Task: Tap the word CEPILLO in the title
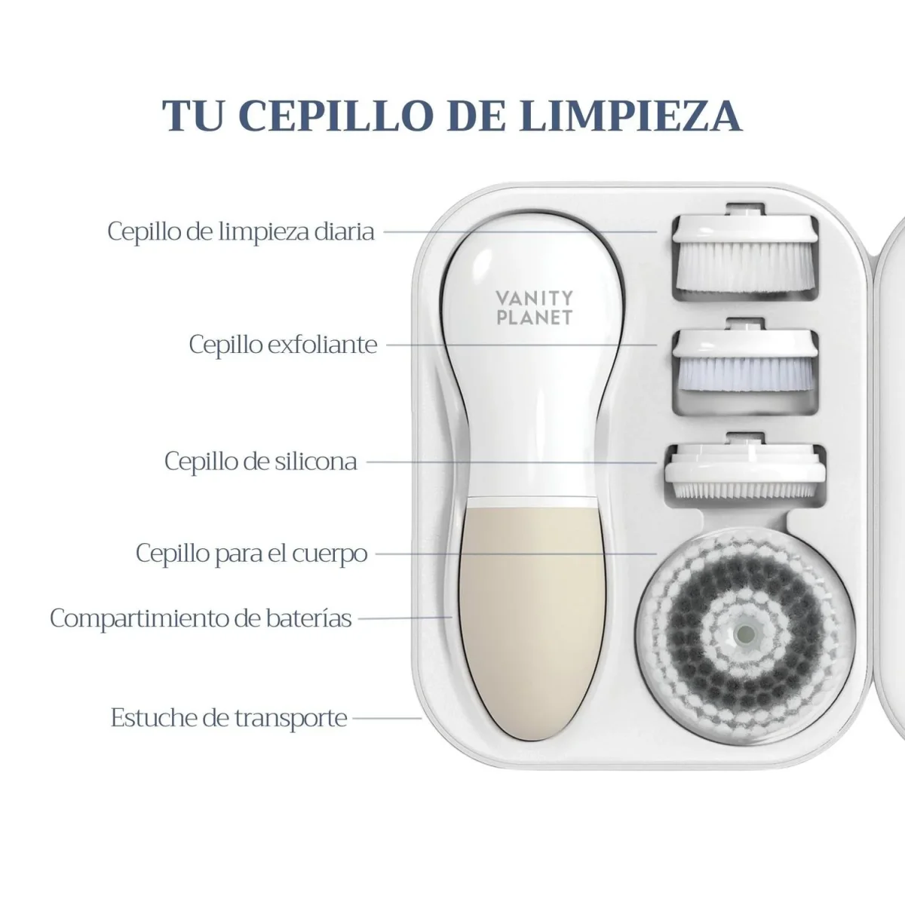tap(336, 115)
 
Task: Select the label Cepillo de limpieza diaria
tap(241, 232)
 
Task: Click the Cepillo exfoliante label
tap(284, 344)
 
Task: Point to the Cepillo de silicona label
tap(261, 462)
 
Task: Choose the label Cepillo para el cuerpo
tap(251, 554)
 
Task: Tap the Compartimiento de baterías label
tap(201, 618)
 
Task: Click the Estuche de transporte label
tap(229, 718)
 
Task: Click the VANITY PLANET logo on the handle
tap(535, 308)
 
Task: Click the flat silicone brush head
tap(745, 468)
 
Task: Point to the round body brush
tap(746, 635)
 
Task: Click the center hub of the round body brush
tap(746, 634)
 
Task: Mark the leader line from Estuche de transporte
tap(387, 718)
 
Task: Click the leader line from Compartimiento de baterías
tap(405, 618)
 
